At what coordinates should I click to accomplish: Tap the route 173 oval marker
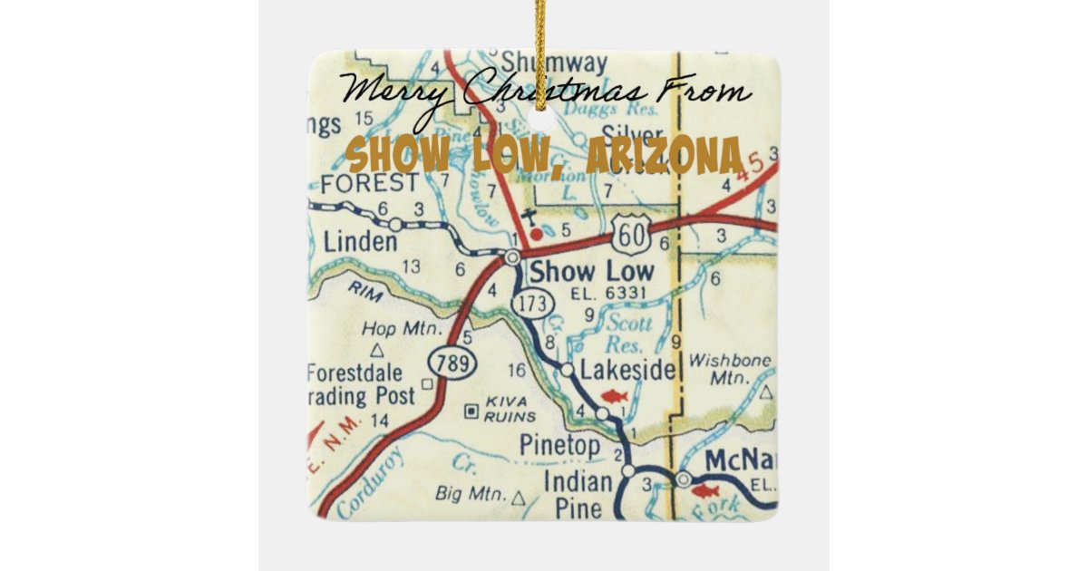pos(532,305)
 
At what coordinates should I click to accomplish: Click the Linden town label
pos(360,242)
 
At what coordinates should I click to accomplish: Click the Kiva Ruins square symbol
pos(471,411)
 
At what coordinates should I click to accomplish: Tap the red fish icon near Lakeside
pos(614,396)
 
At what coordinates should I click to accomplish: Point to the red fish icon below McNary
pos(704,491)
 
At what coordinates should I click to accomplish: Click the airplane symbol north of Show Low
pos(529,216)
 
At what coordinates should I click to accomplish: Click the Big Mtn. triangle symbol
pos(518,498)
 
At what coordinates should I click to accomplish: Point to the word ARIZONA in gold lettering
pos(664,156)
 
